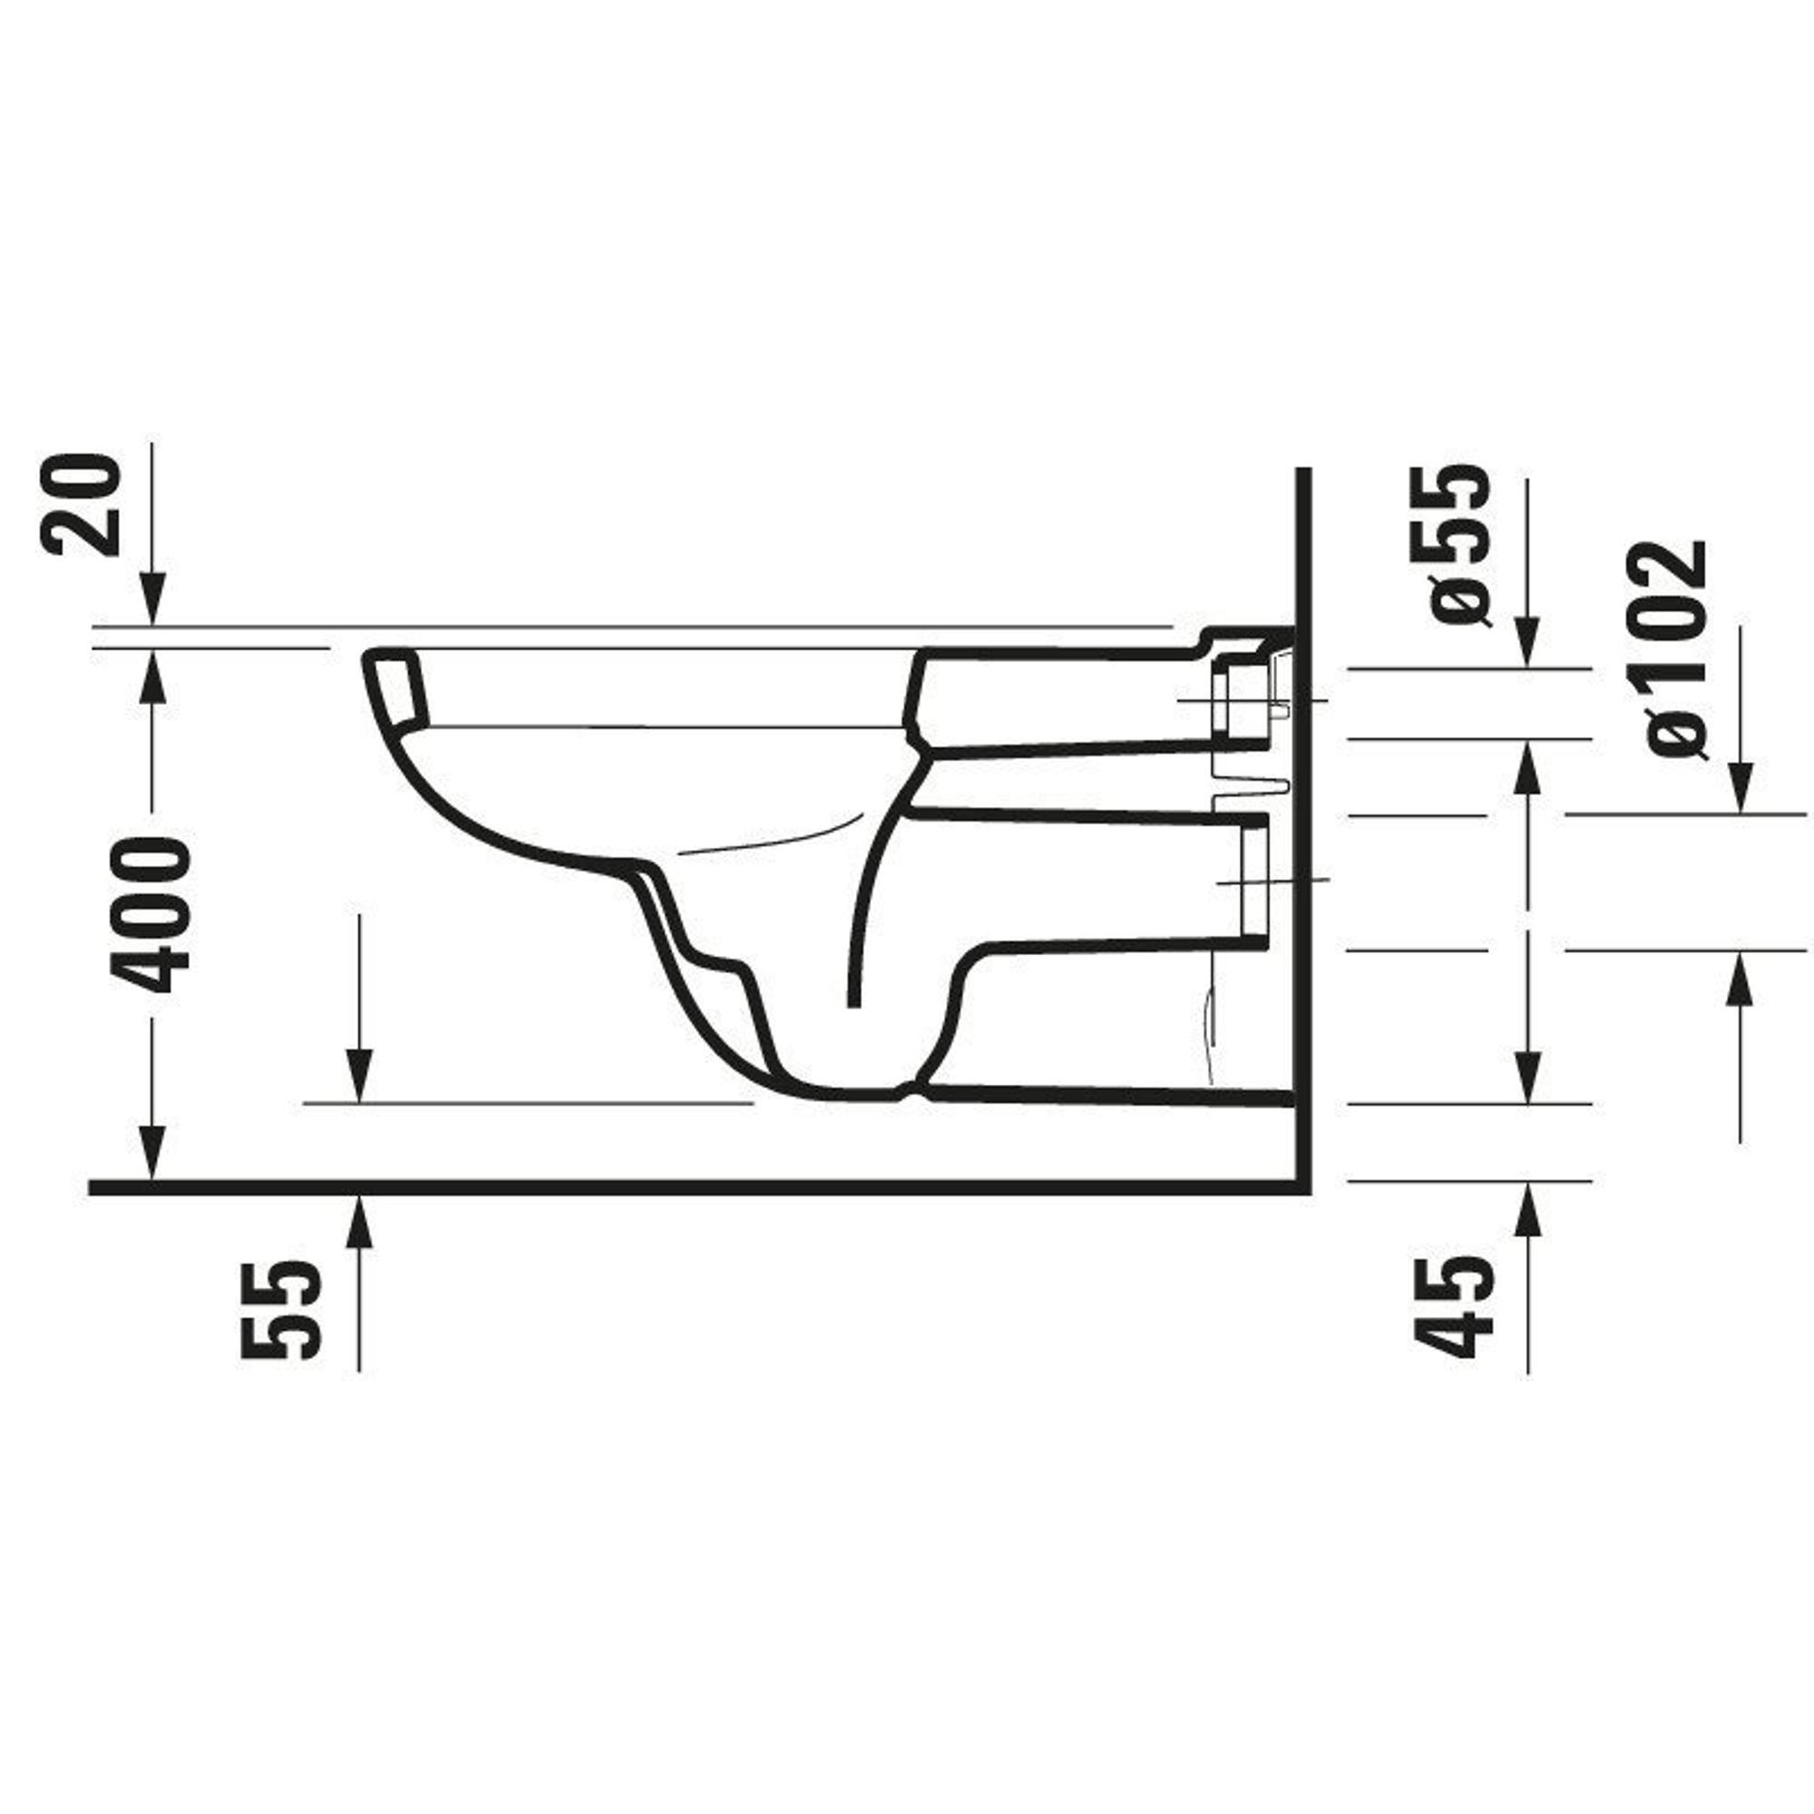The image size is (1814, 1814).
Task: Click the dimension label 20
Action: (81, 505)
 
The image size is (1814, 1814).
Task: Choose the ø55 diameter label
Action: (1458, 546)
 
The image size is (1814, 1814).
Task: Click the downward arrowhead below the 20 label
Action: (153, 599)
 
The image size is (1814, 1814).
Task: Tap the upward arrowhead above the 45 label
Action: (1527, 1209)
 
